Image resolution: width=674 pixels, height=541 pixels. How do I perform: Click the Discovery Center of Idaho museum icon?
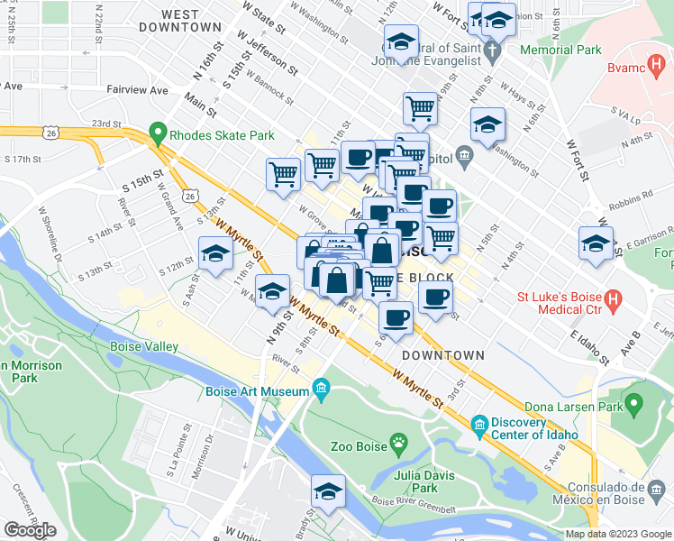coord(479,424)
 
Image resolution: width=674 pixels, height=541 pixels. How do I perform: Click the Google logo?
coord(30,530)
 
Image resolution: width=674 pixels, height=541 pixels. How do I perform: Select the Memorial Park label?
coord(564,50)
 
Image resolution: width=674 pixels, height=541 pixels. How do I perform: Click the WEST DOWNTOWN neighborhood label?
coord(181,21)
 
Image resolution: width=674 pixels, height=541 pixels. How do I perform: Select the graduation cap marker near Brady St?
coord(329,491)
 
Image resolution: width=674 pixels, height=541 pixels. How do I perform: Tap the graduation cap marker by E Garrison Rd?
coord(596,243)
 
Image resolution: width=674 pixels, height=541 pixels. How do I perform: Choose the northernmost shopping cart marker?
coord(420,109)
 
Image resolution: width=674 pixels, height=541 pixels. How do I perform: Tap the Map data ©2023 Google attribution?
coord(617,534)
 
